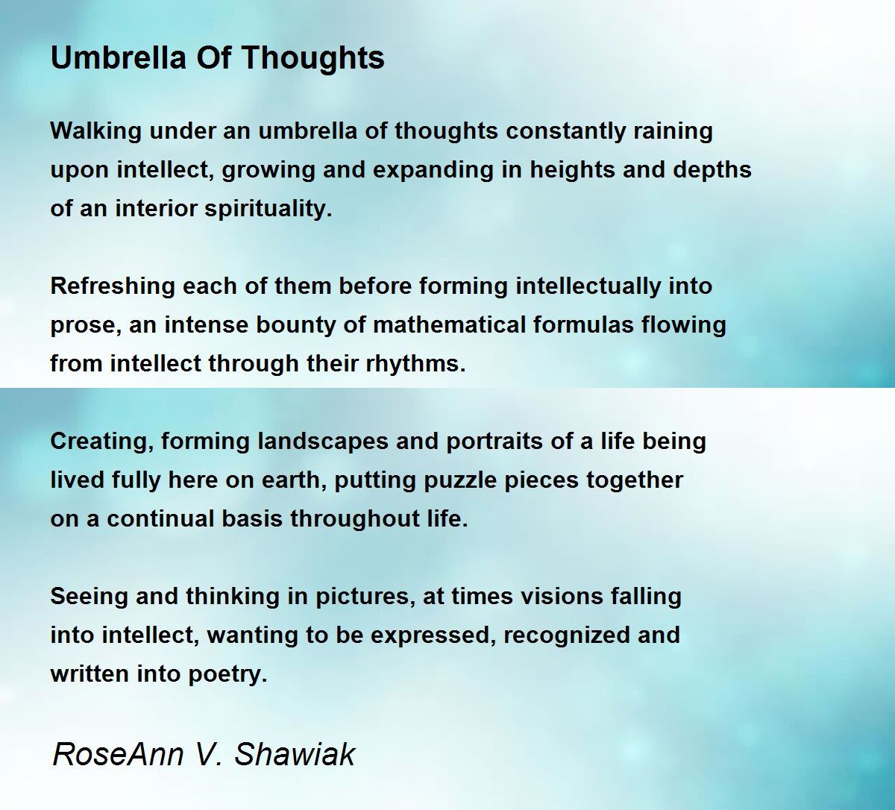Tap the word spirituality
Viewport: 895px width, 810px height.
click(x=268, y=209)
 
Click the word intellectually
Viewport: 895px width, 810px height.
click(x=588, y=286)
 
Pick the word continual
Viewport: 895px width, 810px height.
click(x=161, y=518)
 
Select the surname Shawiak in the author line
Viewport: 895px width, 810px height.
click(x=295, y=755)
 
